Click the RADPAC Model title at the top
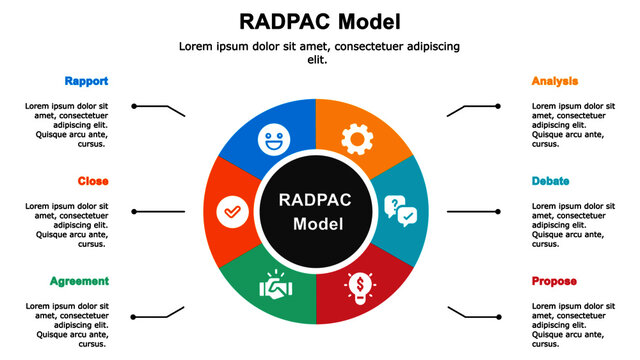pos(320,20)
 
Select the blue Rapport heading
pos(86,81)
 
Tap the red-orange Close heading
pos(93,181)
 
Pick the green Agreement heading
pos(79,281)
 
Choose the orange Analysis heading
pos(555,81)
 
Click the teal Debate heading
pos(551,181)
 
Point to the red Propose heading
pos(554,281)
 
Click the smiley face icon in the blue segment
pos(271,139)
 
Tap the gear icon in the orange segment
pos(356,138)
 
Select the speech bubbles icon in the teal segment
pos(400,209)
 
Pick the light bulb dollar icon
pos(358,286)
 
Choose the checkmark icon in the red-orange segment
pos(231,212)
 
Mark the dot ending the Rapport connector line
pos(133,105)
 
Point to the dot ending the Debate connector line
pos(499,211)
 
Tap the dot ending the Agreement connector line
pos(133,317)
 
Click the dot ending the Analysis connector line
pos(499,105)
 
